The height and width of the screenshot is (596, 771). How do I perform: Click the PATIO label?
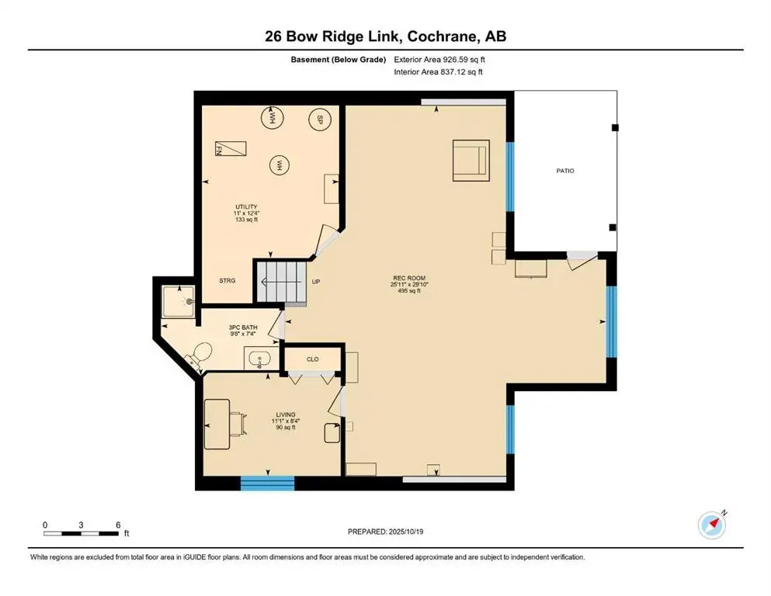[x=565, y=171]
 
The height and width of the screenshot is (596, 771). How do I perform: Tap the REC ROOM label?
[x=408, y=278]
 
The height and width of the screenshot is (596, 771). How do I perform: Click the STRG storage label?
[x=227, y=280]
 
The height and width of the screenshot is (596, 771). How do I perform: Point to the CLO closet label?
[x=312, y=359]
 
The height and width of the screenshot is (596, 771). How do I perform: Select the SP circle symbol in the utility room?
[x=317, y=120]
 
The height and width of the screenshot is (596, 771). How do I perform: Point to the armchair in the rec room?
[x=471, y=160]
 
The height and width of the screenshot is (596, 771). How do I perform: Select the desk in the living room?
[x=218, y=422]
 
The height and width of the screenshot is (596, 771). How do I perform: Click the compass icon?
[x=710, y=525]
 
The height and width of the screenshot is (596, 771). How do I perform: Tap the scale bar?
[x=82, y=532]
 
